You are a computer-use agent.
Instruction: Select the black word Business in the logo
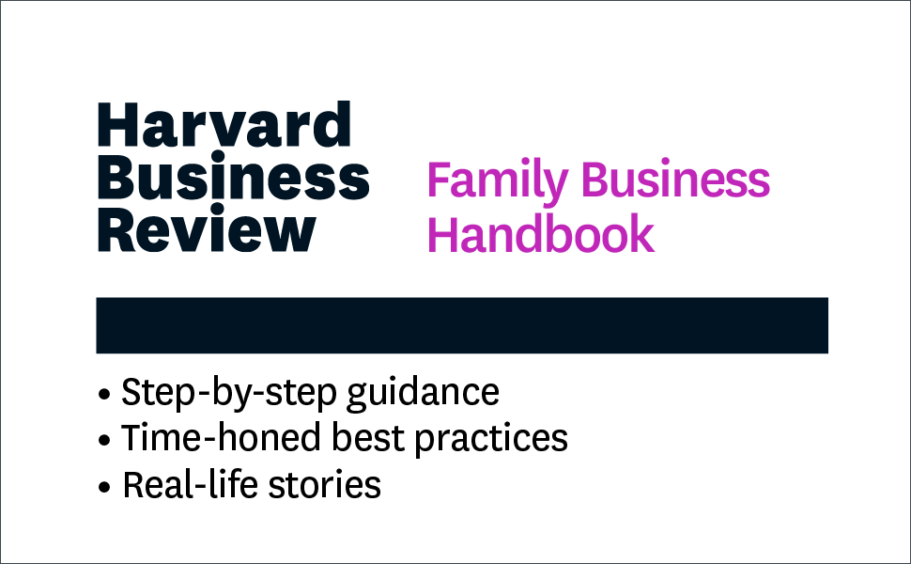click(233, 178)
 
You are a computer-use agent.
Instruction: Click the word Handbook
click(540, 235)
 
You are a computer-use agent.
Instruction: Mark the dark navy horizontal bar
click(461, 325)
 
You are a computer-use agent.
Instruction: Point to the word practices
click(502, 439)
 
